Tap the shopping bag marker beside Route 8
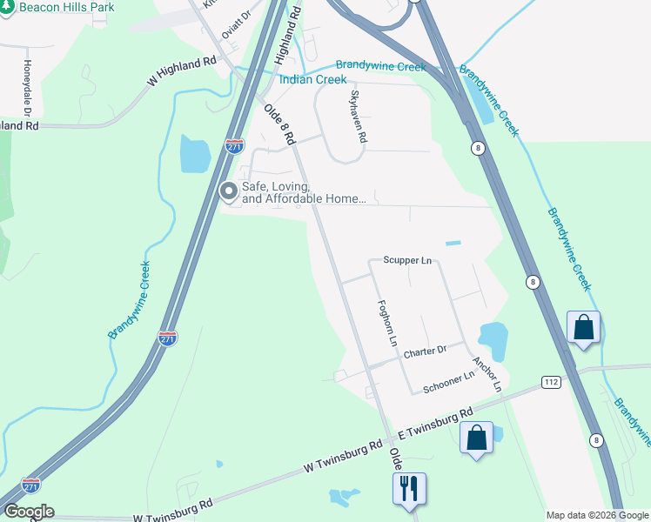583,328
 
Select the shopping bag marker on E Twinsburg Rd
477,437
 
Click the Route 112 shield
550,382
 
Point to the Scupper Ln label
407,260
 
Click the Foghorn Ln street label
386,322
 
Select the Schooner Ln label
448,381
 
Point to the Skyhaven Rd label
358,117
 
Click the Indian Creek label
312,80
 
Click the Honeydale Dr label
27,89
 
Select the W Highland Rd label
181,71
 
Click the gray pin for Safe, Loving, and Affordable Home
228,191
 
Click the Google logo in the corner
28,512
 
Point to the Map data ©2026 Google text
597,515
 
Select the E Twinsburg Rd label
434,422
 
